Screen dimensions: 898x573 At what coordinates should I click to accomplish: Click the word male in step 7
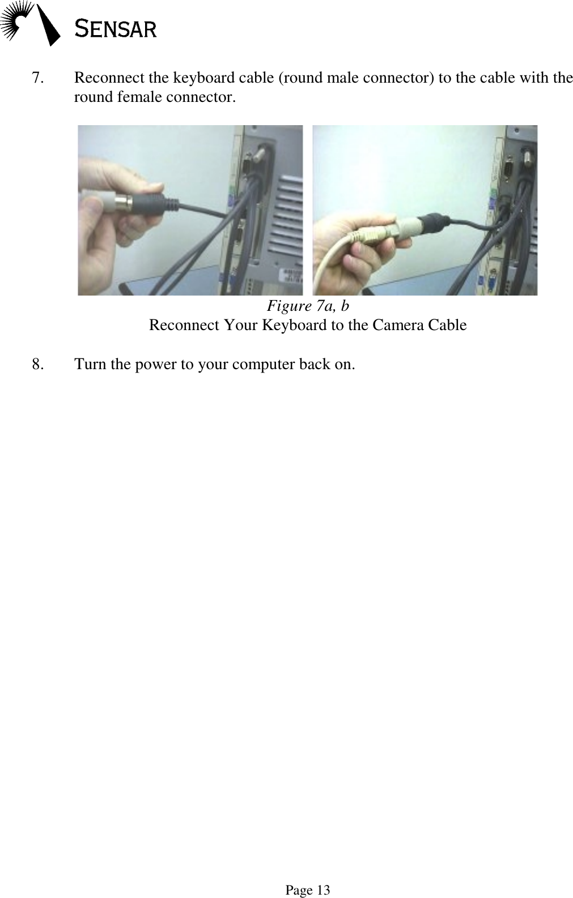[338, 78]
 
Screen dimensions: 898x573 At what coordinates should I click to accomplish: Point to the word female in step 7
[142, 97]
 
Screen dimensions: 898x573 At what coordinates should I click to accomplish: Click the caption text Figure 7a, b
[308, 306]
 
